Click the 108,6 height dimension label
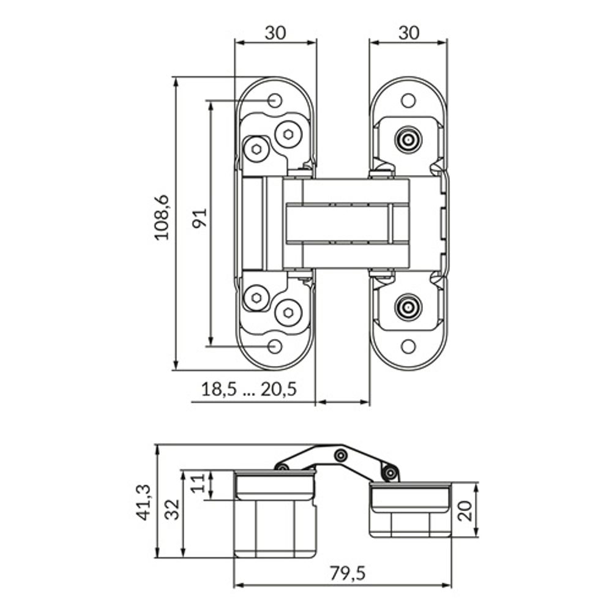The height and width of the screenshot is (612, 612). pyautogui.click(x=162, y=217)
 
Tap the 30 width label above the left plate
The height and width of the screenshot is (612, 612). pyautogui.click(x=275, y=33)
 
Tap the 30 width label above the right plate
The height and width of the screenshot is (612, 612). pyautogui.click(x=409, y=33)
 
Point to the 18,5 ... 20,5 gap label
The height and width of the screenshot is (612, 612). pyautogui.click(x=250, y=389)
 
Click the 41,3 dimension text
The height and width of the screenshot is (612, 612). pyautogui.click(x=143, y=502)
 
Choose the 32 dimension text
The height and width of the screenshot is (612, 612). pyautogui.click(x=172, y=509)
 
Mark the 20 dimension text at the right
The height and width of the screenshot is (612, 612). pyautogui.click(x=465, y=510)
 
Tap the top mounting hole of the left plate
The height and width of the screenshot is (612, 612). pyautogui.click(x=275, y=101)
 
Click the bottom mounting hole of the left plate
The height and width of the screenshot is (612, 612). pyautogui.click(x=275, y=346)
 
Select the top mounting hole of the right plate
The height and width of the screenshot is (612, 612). pyautogui.click(x=408, y=101)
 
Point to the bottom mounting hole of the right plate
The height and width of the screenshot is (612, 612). pyautogui.click(x=408, y=346)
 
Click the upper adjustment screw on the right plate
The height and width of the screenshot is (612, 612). pyautogui.click(x=408, y=140)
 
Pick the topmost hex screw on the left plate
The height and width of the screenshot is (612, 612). pyautogui.click(x=288, y=134)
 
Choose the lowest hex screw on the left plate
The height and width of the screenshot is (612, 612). pyautogui.click(x=288, y=313)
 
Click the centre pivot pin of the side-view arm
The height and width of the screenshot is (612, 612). pyautogui.click(x=341, y=455)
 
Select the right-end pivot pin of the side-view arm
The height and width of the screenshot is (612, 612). pyautogui.click(x=390, y=473)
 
